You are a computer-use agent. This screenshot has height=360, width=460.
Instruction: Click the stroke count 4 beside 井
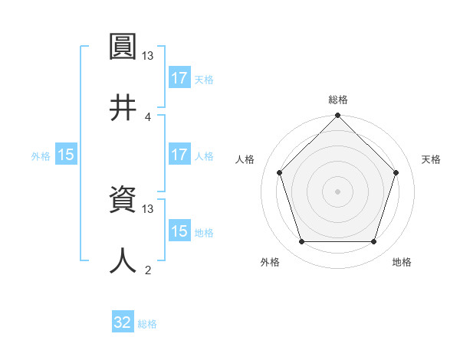point(147,116)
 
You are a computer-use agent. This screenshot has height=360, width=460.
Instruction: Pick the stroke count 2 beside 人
point(147,270)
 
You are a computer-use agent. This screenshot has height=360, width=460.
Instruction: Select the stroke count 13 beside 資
point(147,208)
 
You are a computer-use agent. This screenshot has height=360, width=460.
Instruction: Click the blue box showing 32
point(123,322)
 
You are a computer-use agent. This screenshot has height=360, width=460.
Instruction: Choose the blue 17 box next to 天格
point(179,78)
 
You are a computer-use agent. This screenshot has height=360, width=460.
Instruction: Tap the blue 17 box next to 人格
point(179,155)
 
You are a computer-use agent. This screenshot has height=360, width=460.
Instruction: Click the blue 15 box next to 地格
point(179,231)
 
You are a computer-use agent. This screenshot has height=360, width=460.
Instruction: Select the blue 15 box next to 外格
point(66,155)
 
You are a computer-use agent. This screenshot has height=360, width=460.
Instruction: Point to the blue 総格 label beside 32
point(147,324)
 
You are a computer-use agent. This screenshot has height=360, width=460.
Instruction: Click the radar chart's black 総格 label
point(338,100)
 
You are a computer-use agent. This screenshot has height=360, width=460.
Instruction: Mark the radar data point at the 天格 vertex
point(396,172)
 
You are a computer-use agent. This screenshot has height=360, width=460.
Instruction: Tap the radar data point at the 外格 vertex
point(301,242)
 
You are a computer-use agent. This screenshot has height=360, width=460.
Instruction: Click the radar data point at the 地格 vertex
point(374,242)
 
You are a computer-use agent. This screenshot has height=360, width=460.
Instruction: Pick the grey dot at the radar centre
point(338,191)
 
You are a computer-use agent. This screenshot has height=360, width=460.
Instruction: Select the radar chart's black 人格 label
point(245,159)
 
